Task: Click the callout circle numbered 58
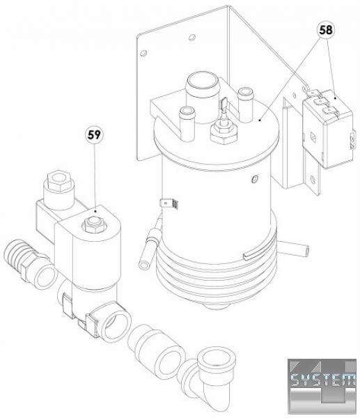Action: pyautogui.click(x=326, y=30)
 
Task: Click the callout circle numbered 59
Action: pyautogui.click(x=94, y=135)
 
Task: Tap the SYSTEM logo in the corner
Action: pyautogui.click(x=322, y=386)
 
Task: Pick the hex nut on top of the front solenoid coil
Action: pyautogui.click(x=94, y=224)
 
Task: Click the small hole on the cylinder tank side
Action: pyautogui.click(x=255, y=179)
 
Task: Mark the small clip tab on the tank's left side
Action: pyautogui.click(x=169, y=204)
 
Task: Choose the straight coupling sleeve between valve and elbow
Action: pyautogui.click(x=157, y=350)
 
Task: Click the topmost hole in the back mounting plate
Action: pyautogui.click(x=192, y=38)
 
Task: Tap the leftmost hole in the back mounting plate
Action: pyautogui.click(x=143, y=53)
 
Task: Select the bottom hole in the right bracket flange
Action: pyautogui.click(x=313, y=179)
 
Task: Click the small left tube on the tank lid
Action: pyautogui.click(x=187, y=123)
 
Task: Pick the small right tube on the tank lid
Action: pyautogui.click(x=245, y=104)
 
